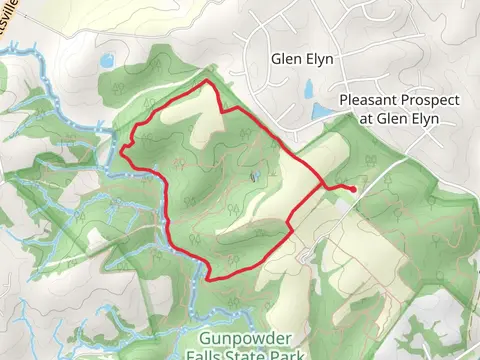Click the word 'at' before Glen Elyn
[365, 118]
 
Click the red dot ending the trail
[353, 189]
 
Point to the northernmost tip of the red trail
[206, 80]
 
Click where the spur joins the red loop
[322, 186]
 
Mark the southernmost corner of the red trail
[208, 279]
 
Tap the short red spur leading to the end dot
[338, 186]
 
